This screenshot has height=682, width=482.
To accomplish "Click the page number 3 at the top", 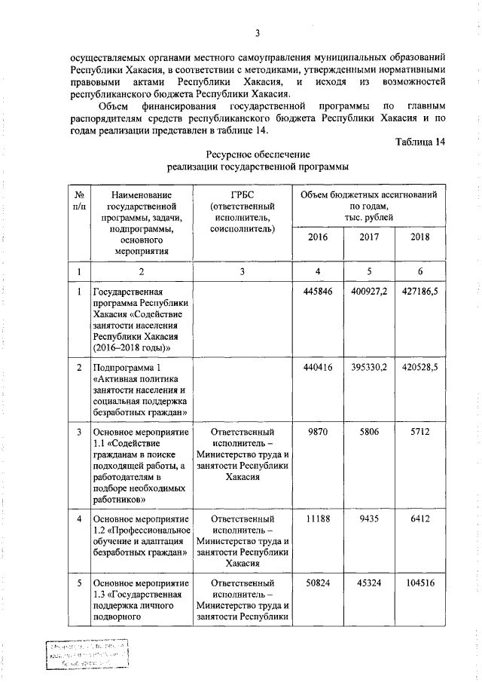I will tap(258, 32).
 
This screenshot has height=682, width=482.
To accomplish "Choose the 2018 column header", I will tap(420, 238).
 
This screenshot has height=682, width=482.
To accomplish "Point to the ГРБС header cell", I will tap(243, 211).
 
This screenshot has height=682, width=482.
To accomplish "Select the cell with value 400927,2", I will tap(369, 292).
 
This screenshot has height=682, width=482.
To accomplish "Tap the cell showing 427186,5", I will tap(420, 292).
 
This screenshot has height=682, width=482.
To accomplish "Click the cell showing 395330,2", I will tap(369, 367).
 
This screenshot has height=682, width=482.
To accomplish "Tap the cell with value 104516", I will tap(420, 584).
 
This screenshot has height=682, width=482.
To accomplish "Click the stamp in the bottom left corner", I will tap(85, 654).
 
